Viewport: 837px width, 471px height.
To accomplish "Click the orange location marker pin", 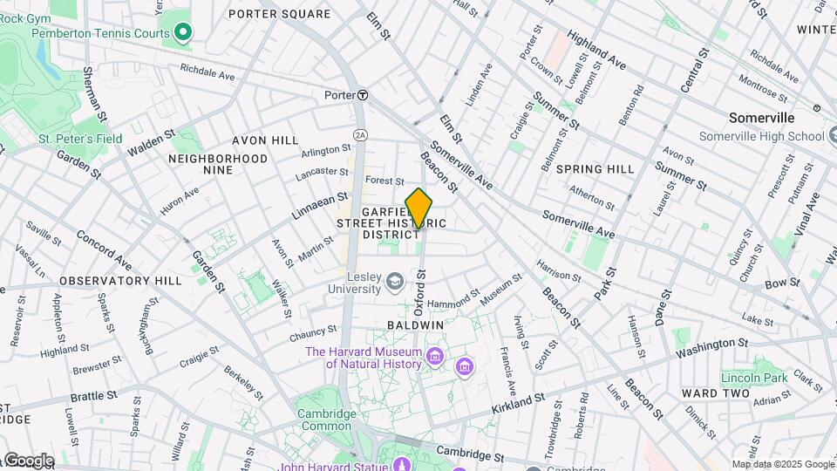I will click(419, 209).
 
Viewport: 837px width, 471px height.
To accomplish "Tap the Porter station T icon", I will click(362, 95).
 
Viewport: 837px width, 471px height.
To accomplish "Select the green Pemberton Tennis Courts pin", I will click(182, 33).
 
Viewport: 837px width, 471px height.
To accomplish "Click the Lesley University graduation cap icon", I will click(395, 281).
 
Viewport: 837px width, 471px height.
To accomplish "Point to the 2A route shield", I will click(359, 133).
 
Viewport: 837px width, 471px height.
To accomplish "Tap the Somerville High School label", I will click(762, 136).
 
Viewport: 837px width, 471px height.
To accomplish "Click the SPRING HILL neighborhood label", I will click(595, 169).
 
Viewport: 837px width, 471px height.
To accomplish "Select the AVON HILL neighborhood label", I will click(265, 140).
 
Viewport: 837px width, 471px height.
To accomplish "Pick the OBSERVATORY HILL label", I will click(120, 281).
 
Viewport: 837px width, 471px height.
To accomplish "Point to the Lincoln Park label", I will click(754, 378).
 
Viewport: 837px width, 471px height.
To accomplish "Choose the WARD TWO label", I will click(717, 393).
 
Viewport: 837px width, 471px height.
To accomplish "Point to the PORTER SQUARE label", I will click(279, 14).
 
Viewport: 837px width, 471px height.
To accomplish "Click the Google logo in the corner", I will click(28, 461).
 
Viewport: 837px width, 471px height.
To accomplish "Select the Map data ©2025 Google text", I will click(782, 464).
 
